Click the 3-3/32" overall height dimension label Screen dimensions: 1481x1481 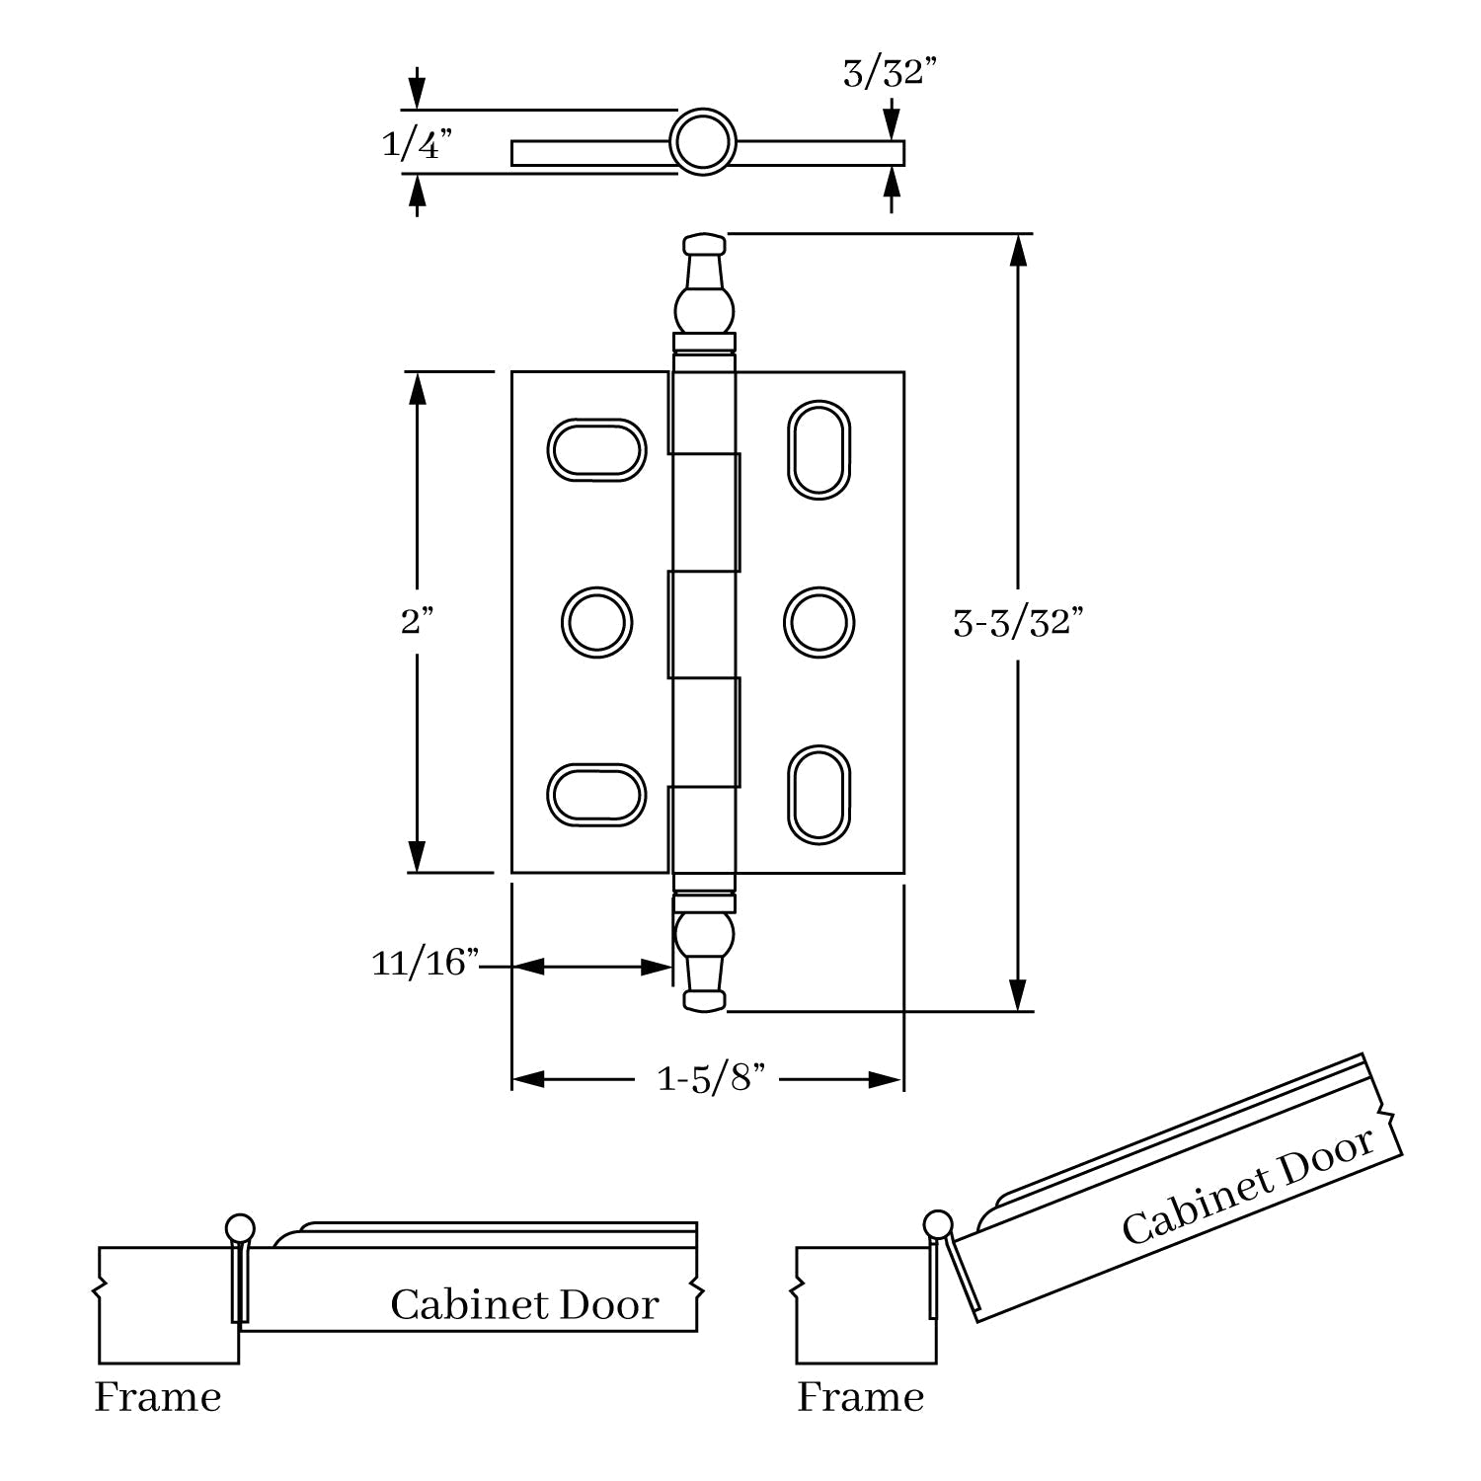coord(1018,623)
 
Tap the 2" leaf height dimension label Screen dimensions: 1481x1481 coord(417,622)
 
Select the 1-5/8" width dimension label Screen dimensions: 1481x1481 coord(712,1079)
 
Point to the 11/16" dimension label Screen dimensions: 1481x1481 coord(425,963)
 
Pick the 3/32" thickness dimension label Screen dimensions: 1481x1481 coord(889,73)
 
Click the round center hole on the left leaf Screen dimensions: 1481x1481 coord(596,623)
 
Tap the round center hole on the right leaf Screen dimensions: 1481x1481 coord(818,623)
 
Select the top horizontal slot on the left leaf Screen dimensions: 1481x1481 coord(596,450)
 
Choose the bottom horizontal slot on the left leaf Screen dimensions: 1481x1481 coord(596,794)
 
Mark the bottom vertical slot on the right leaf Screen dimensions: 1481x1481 coord(818,795)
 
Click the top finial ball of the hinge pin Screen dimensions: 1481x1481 coord(703,309)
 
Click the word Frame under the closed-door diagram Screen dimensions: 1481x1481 coord(158,1397)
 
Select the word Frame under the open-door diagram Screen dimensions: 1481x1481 coord(860,1397)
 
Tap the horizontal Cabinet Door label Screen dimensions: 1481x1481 coord(524,1305)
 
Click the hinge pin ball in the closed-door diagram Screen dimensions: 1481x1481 coord(240,1227)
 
